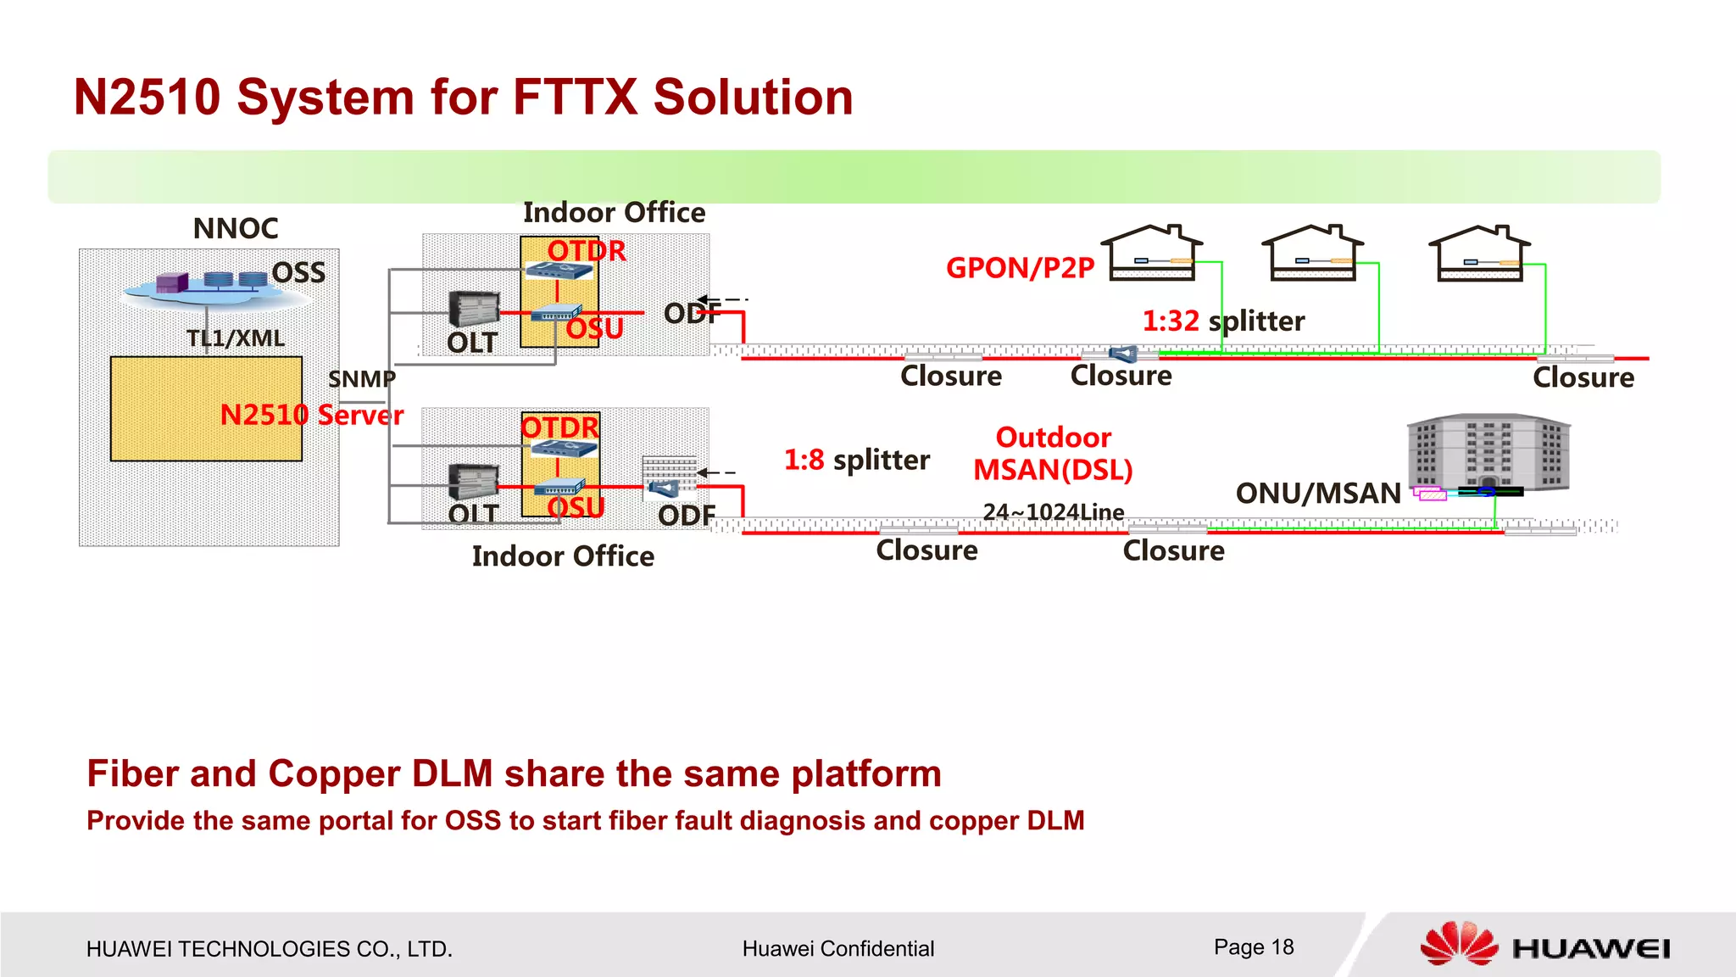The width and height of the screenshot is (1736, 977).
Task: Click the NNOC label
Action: (x=236, y=229)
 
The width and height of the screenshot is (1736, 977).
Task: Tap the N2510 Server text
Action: (x=312, y=415)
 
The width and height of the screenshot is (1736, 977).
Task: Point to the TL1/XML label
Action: (x=236, y=338)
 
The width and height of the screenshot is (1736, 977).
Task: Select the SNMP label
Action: (x=362, y=379)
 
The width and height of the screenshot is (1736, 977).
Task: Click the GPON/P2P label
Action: (x=1020, y=268)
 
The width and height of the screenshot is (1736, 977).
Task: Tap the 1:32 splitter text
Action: (x=1223, y=321)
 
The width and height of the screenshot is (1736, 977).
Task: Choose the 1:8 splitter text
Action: (x=856, y=460)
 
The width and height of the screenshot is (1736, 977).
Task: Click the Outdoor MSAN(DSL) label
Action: (x=1053, y=454)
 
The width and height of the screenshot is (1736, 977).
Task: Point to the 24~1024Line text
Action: (x=1054, y=512)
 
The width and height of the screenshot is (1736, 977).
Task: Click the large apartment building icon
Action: (x=1488, y=453)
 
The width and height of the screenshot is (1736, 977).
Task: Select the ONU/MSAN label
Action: (x=1318, y=494)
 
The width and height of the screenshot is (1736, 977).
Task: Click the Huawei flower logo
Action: (x=1459, y=944)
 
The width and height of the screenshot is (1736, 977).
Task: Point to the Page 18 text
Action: (x=1254, y=947)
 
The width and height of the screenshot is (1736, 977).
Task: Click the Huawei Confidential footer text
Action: (x=837, y=949)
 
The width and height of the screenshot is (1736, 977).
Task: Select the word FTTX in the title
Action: (x=575, y=97)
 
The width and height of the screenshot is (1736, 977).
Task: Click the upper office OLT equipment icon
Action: (x=474, y=309)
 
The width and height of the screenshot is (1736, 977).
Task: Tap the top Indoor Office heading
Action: (x=614, y=213)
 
